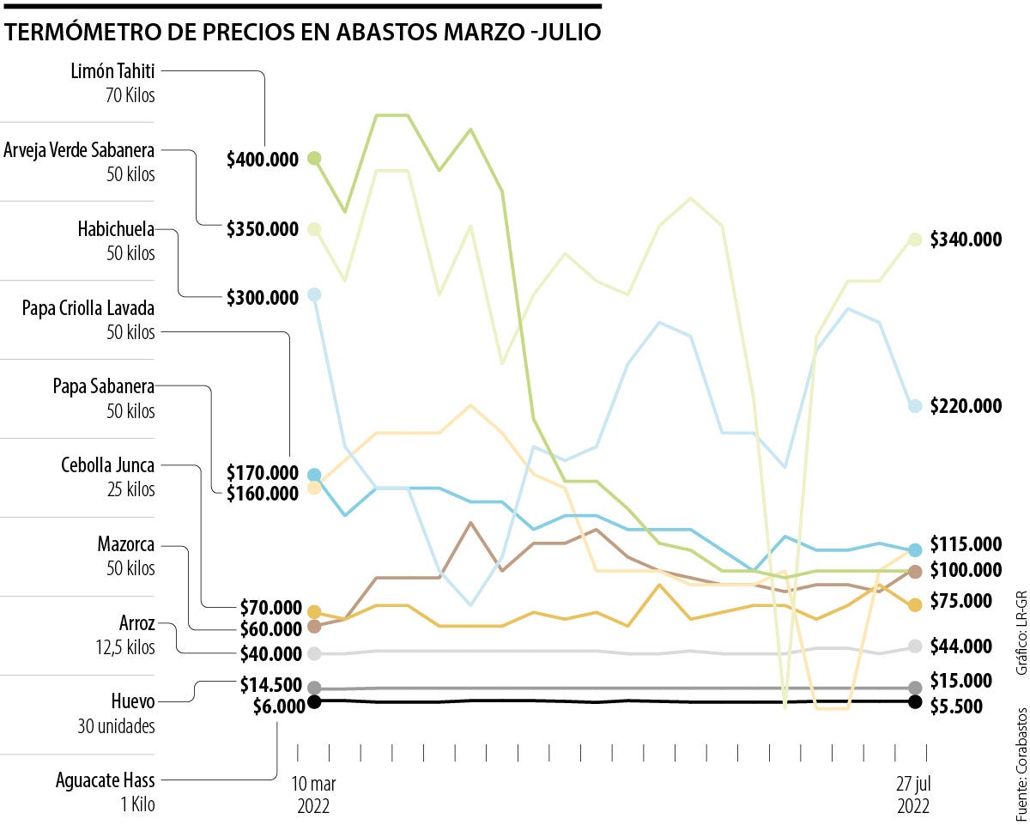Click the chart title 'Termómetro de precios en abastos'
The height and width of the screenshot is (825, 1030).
click(302, 33)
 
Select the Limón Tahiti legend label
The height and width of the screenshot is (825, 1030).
click(112, 72)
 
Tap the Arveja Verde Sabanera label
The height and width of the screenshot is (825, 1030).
click(79, 151)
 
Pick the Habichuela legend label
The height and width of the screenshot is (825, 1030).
click(116, 229)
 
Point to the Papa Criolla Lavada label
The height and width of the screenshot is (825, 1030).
click(88, 308)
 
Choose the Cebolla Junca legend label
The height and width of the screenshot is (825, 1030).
click(108, 466)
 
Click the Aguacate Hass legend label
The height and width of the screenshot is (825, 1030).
click(106, 781)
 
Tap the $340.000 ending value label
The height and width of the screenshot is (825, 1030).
click(966, 240)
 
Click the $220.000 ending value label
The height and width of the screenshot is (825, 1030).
click(966, 405)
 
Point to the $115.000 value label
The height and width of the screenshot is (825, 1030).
click(966, 544)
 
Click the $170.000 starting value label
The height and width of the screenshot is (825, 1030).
click(263, 472)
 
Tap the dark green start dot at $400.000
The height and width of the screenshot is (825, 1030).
click(314, 158)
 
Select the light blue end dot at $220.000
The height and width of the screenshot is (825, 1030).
click(915, 405)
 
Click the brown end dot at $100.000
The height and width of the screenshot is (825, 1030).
click(915, 572)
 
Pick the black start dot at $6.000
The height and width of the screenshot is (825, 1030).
click(314, 701)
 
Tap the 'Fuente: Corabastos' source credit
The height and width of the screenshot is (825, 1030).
click(1021, 763)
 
